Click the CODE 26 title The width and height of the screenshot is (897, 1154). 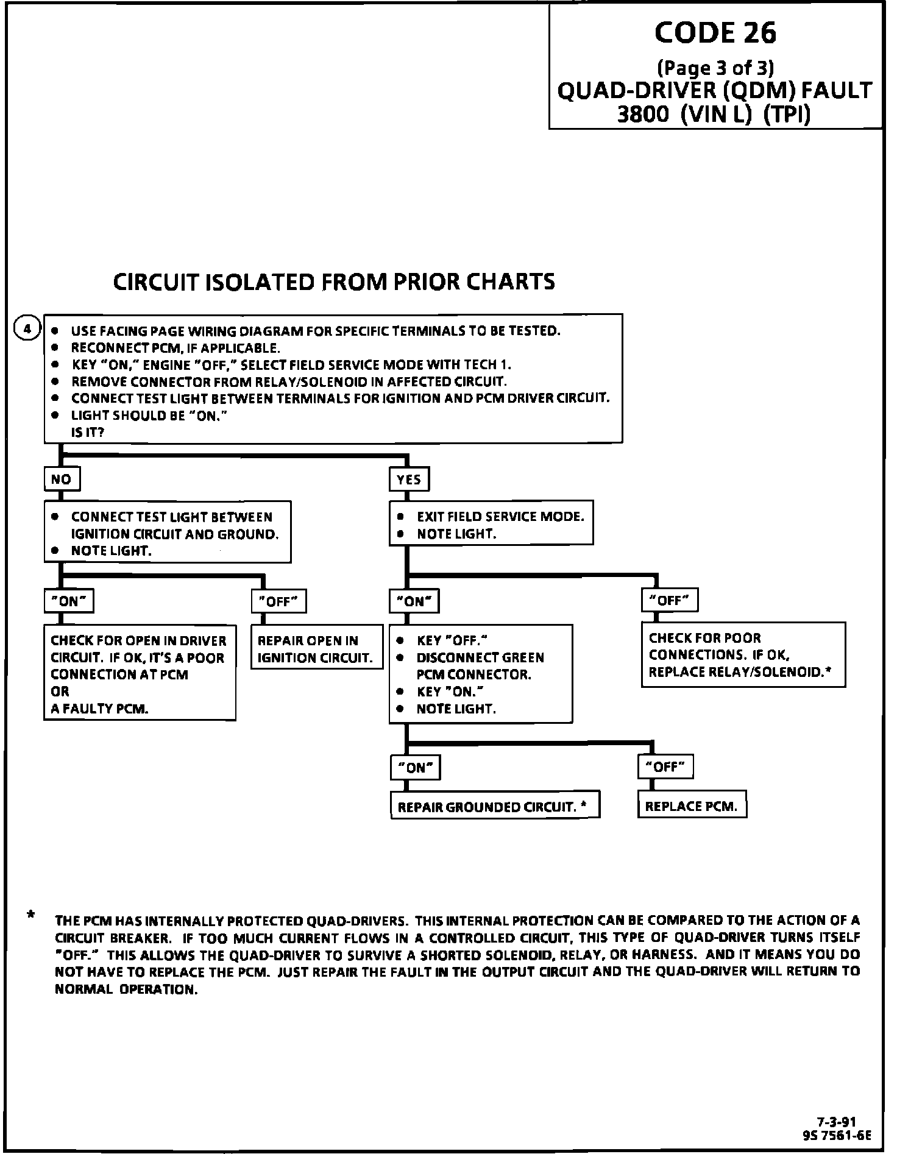pos(715,33)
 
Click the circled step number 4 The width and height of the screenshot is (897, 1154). pos(26,329)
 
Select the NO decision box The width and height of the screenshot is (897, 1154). pos(62,479)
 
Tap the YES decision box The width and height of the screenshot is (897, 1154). pos(409,479)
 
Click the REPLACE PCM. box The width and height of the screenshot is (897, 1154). pos(692,806)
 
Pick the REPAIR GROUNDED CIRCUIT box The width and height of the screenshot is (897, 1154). pos(495,807)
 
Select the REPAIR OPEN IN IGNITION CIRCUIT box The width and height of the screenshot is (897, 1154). pos(316,648)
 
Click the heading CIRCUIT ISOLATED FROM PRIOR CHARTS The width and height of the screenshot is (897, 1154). pos(335,281)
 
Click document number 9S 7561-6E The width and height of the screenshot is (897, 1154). pos(838,1135)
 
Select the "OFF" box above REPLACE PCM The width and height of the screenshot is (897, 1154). pos(665,766)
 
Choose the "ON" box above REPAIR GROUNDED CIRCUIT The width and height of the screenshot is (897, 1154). pos(415,767)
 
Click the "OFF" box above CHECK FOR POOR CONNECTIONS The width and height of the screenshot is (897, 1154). pos(669,600)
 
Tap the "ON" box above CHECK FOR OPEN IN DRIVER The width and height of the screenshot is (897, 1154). pos(69,601)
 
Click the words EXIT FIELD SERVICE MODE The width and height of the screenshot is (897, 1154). pos(500,517)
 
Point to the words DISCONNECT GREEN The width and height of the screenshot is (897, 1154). pos(480,657)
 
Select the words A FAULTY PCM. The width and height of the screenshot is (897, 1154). pos(99,709)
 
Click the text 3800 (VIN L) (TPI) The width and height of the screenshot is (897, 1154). pos(714,115)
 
